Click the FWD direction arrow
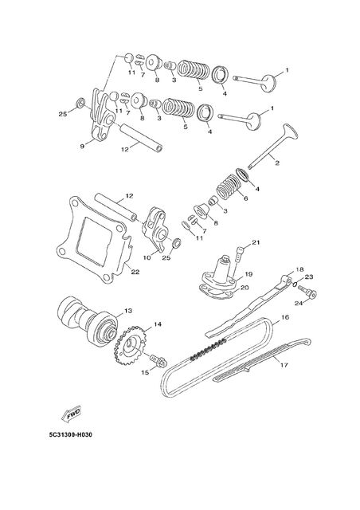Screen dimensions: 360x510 71,414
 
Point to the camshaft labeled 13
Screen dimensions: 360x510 87,322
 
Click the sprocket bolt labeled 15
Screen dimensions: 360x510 158,361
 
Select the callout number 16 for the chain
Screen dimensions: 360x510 285,317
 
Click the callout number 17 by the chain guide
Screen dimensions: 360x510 284,365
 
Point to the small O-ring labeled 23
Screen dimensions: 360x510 295,284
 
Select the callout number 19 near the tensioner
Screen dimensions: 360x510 248,275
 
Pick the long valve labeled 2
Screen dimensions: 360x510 273,146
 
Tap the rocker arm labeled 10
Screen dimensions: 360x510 155,234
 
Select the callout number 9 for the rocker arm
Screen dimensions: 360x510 82,147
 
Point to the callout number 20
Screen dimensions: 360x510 245,288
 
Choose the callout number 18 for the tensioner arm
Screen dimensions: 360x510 299,269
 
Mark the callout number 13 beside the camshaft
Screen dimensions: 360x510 128,311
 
